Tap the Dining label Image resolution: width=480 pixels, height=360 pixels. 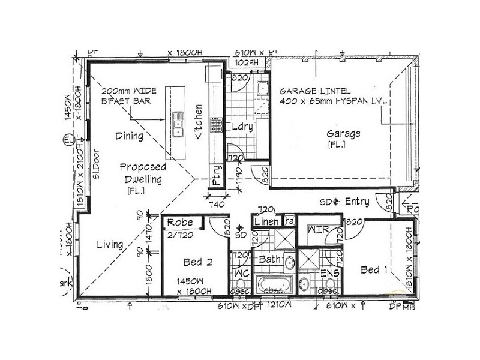pos(129,136)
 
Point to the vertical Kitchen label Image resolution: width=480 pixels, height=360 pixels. pos(199,122)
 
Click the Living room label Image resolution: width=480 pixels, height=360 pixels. pos(110,244)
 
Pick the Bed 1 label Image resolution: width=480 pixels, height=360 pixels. pos(373,270)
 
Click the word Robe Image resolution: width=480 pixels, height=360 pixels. pos(179,223)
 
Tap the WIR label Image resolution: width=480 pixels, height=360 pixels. pos(316,230)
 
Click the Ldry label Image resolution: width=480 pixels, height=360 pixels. pos(241,127)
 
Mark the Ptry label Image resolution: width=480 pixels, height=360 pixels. pos(215,175)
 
